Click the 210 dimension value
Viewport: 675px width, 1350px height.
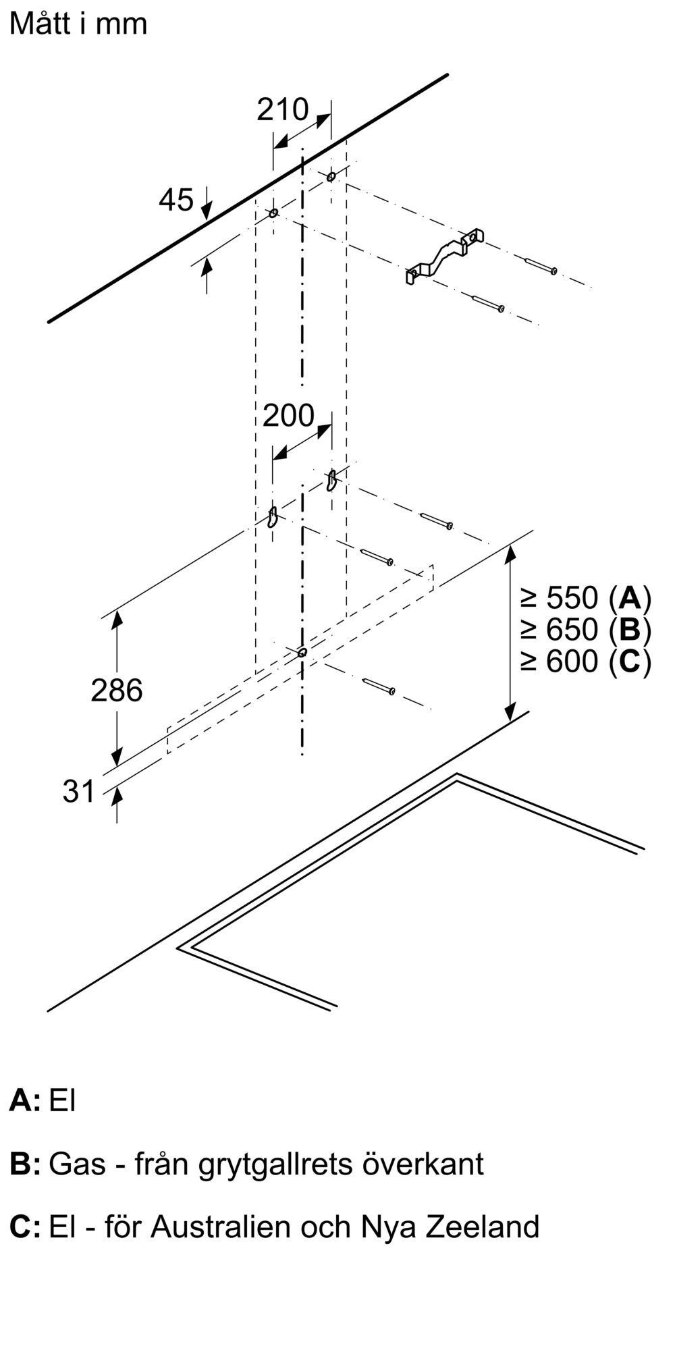pos(282,109)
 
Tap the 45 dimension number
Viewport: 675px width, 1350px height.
pos(176,200)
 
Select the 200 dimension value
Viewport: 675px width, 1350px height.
pos(288,416)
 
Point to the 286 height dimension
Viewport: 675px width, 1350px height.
pos(117,690)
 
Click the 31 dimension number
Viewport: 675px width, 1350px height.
pos(79,791)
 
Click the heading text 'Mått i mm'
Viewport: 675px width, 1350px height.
pos(78,24)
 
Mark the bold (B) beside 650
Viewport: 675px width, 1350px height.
pos(630,629)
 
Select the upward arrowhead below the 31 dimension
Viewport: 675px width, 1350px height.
pos(117,795)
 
